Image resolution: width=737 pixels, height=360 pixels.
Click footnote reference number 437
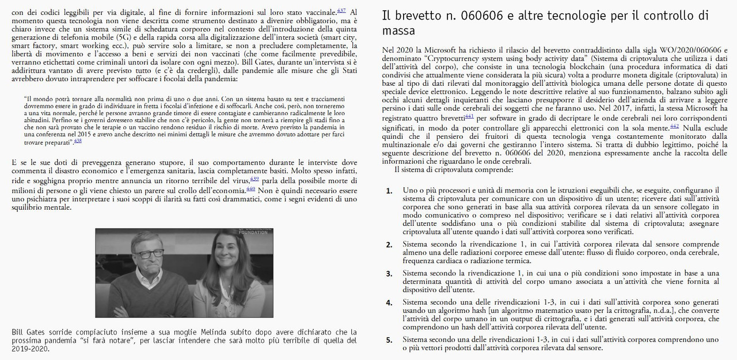[342, 11]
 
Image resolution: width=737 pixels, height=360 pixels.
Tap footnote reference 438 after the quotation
[78, 140]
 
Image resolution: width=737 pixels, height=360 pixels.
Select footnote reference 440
[250, 188]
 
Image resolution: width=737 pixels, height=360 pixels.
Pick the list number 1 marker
[389, 191]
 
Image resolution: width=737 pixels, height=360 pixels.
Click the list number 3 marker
[389, 273]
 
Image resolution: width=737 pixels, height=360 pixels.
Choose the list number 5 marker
[389, 340]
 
